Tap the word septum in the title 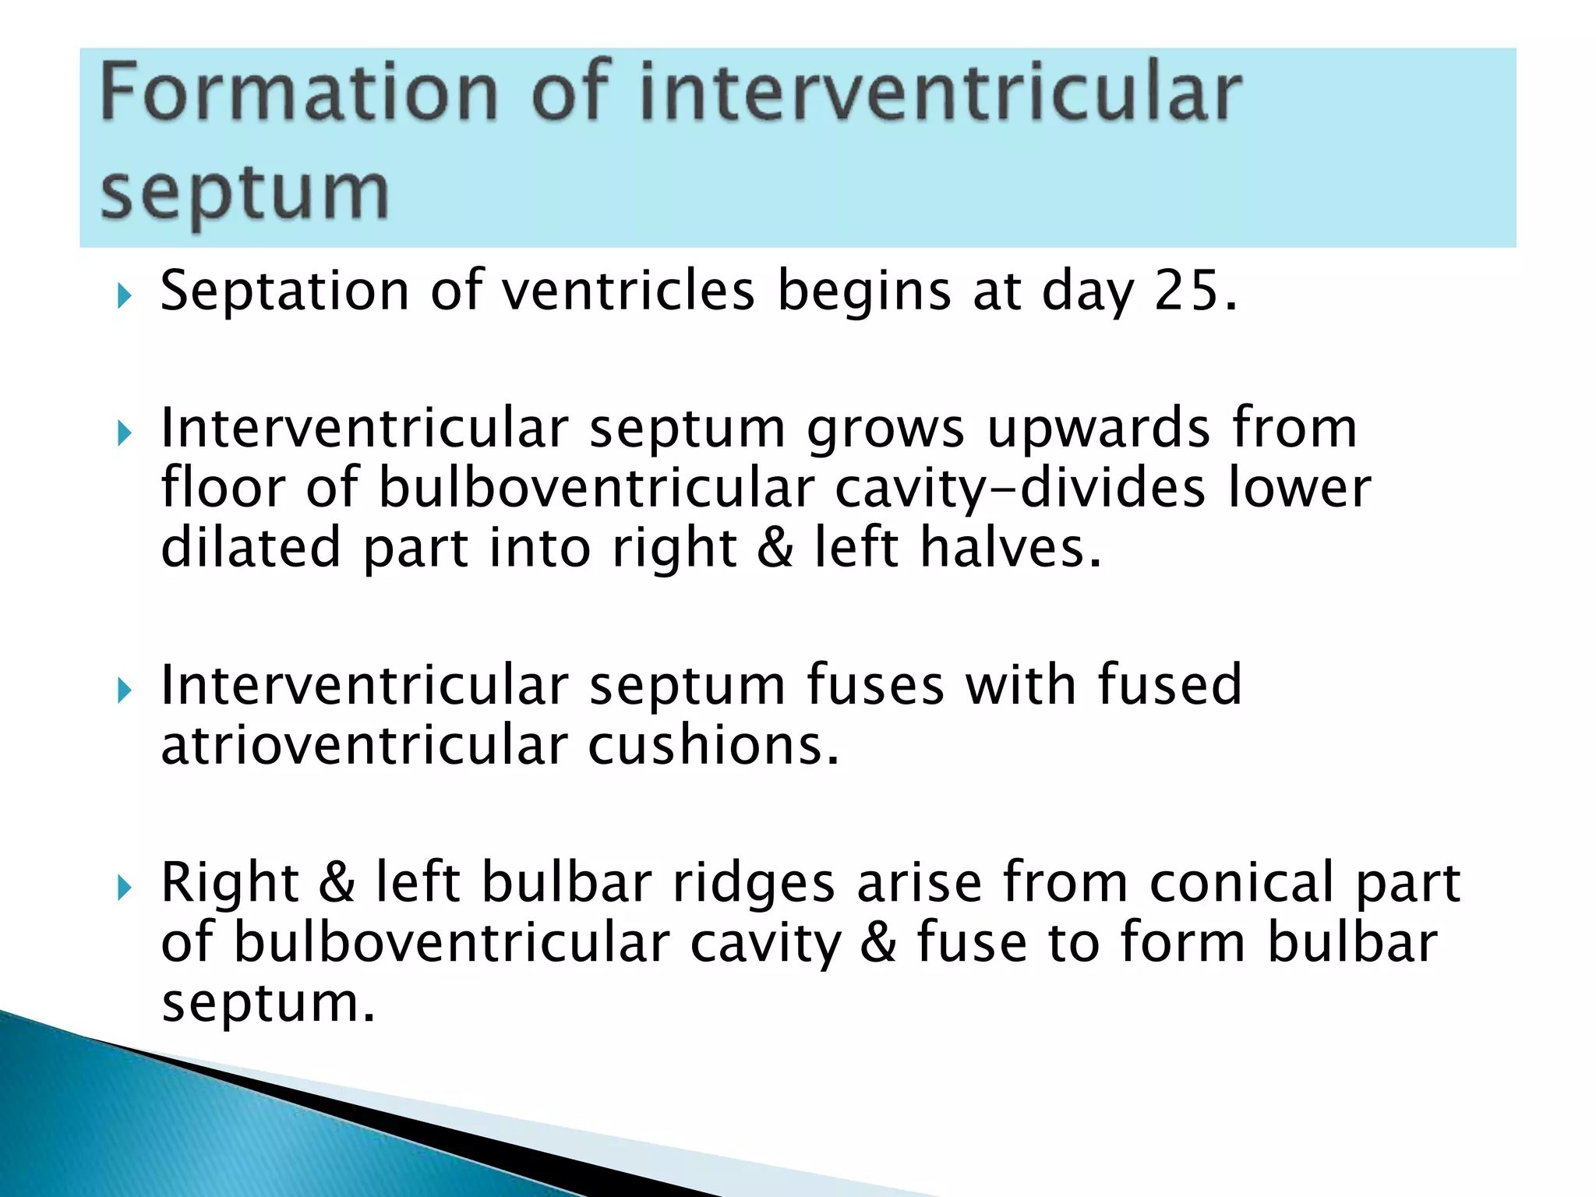pyautogui.click(x=244, y=193)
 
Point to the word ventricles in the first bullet pyautogui.click(x=627, y=291)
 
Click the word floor pyautogui.click(x=223, y=488)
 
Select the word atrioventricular pyautogui.click(x=364, y=746)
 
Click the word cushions pyautogui.click(x=712, y=746)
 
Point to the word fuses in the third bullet pyautogui.click(x=874, y=686)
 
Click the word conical pyautogui.click(x=1242, y=883)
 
